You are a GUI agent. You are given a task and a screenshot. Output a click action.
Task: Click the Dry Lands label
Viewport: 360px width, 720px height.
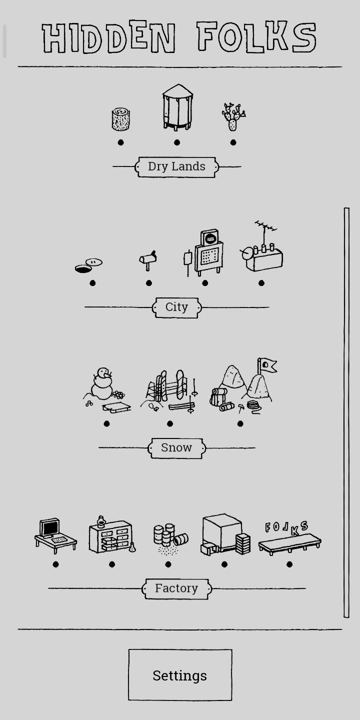pos(176,167)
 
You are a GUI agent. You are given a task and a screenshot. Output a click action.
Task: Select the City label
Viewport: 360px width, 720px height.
pos(176,307)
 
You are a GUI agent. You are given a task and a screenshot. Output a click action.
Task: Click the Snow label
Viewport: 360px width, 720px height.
pos(176,448)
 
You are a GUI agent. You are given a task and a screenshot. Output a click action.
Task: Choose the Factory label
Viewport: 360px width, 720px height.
pos(176,588)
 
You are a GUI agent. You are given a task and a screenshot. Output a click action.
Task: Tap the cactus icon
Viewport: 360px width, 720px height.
pos(233,116)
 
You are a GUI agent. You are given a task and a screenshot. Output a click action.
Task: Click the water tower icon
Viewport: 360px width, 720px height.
pos(177,107)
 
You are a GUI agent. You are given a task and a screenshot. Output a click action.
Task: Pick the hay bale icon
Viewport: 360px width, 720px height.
pos(121,119)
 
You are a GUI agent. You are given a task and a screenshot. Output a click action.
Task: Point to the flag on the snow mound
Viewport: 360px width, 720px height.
pos(267,365)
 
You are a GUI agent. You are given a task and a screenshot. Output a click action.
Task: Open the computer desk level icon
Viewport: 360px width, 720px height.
pos(55,535)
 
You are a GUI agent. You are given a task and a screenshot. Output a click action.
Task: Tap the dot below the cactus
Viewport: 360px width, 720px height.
pos(233,142)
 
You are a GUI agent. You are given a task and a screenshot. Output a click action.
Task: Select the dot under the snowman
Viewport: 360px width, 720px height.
pos(106,424)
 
